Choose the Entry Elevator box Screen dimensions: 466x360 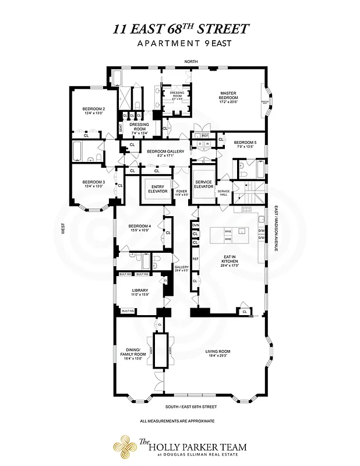157,189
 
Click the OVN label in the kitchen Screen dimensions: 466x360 196,225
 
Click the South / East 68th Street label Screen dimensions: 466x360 190,406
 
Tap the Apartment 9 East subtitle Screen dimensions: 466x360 180,44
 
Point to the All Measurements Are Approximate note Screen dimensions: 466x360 178,421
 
